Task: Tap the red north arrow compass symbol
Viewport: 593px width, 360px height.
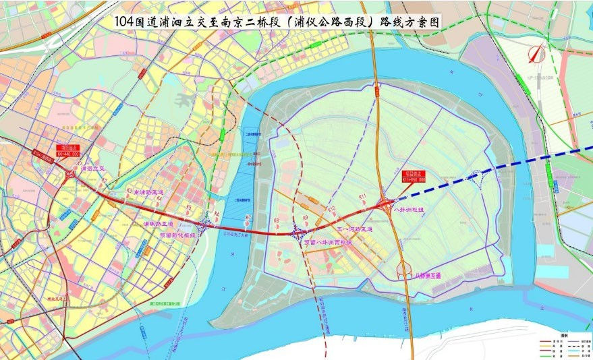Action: (x=536, y=54)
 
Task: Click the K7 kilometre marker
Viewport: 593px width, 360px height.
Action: (x=248, y=218)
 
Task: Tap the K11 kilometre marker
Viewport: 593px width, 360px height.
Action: (x=362, y=197)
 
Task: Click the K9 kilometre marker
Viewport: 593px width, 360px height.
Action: (x=306, y=218)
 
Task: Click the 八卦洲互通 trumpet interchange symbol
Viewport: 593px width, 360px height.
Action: (x=405, y=268)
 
